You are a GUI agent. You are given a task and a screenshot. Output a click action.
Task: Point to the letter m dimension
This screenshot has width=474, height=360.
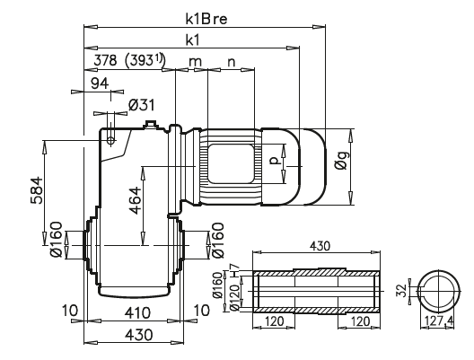coord(194,61)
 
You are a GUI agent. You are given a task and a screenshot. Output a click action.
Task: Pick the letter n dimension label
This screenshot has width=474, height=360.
coord(232,61)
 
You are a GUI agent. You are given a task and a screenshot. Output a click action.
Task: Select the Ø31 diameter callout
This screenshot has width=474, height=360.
coord(142,105)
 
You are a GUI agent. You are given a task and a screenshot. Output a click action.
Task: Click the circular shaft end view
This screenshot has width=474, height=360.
coord(435,291)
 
